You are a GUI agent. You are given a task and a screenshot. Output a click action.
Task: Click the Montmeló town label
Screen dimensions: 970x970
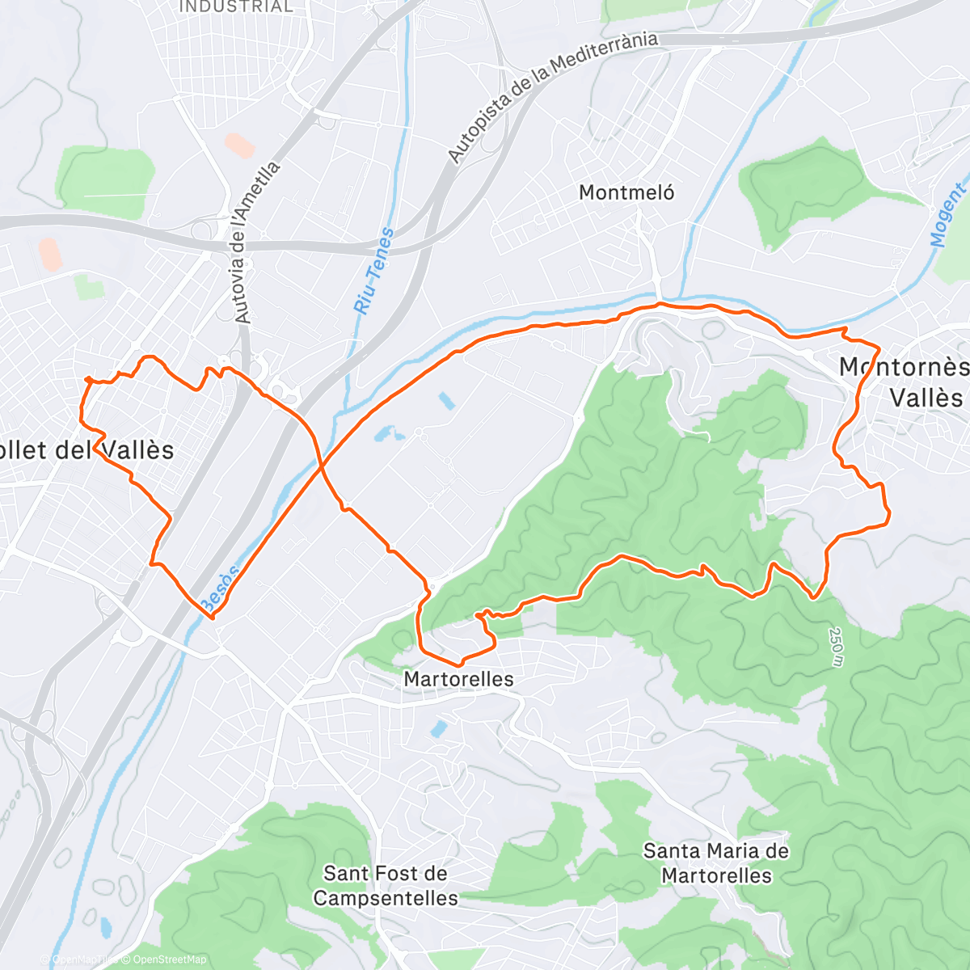pos(626,192)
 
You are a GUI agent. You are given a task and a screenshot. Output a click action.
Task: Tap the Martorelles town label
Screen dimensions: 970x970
pos(458,679)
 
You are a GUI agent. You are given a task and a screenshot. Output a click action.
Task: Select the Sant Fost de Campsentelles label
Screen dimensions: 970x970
pos(386,885)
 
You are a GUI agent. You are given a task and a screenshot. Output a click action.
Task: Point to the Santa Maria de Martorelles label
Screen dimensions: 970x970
pos(716,862)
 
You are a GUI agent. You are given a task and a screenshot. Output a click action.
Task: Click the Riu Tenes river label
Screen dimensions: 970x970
pos(374,271)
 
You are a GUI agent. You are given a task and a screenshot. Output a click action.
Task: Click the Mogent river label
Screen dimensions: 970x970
pos(947,215)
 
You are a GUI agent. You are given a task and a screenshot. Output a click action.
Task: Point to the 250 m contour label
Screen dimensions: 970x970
pos(836,647)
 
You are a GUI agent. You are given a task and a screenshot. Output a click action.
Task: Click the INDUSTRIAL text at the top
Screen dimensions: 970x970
pos(235,6)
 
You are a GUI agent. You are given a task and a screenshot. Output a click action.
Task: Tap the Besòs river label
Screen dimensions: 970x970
pos(218,588)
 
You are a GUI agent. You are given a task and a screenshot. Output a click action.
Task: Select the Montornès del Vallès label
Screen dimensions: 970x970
pos(904,382)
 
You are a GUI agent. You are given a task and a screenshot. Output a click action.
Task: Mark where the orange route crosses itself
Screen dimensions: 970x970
pos(321,466)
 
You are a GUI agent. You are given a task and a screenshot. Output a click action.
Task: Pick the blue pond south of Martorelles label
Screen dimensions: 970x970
pos(438,729)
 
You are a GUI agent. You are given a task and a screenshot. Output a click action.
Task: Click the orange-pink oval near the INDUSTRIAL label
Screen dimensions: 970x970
pos(239,145)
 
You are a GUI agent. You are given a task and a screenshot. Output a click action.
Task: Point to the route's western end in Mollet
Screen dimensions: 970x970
pos(86,378)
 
